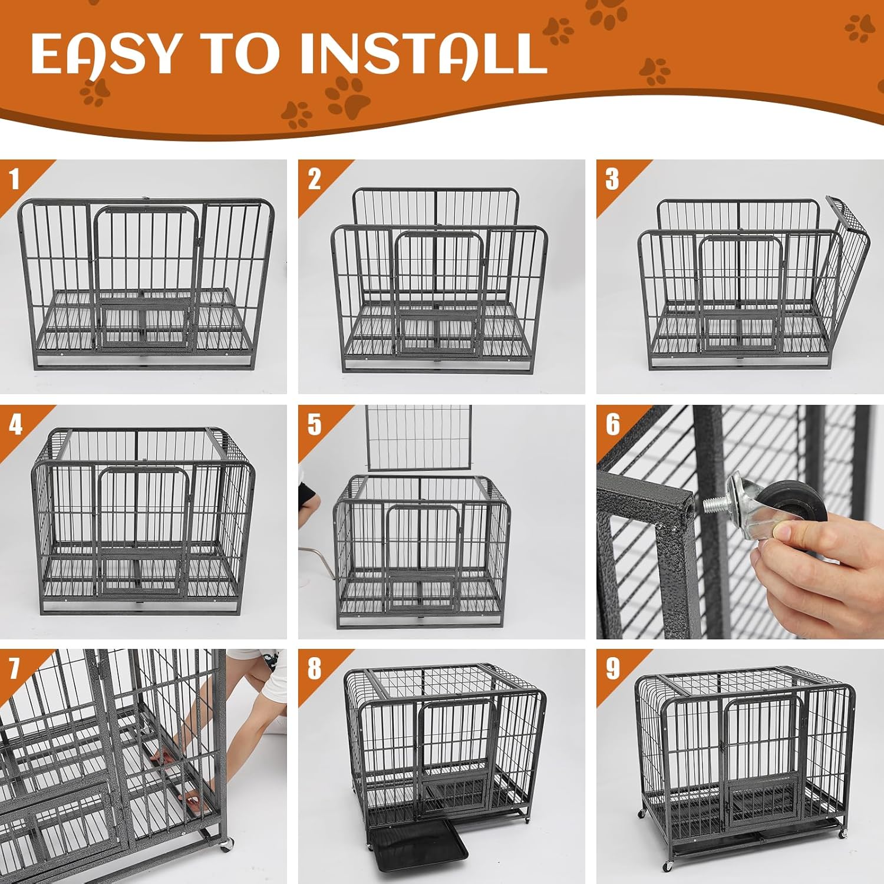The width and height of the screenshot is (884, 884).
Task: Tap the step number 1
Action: [15, 179]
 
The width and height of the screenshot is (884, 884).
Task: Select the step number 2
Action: [314, 179]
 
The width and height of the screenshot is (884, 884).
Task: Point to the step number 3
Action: [612, 179]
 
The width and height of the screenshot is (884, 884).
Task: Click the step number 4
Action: [16, 424]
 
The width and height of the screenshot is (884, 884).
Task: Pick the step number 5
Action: [314, 424]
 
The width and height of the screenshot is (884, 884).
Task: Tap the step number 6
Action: [613, 424]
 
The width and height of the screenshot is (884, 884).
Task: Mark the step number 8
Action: [314, 669]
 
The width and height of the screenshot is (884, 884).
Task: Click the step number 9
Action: [613, 669]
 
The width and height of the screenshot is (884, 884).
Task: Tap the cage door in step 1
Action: [147, 277]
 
